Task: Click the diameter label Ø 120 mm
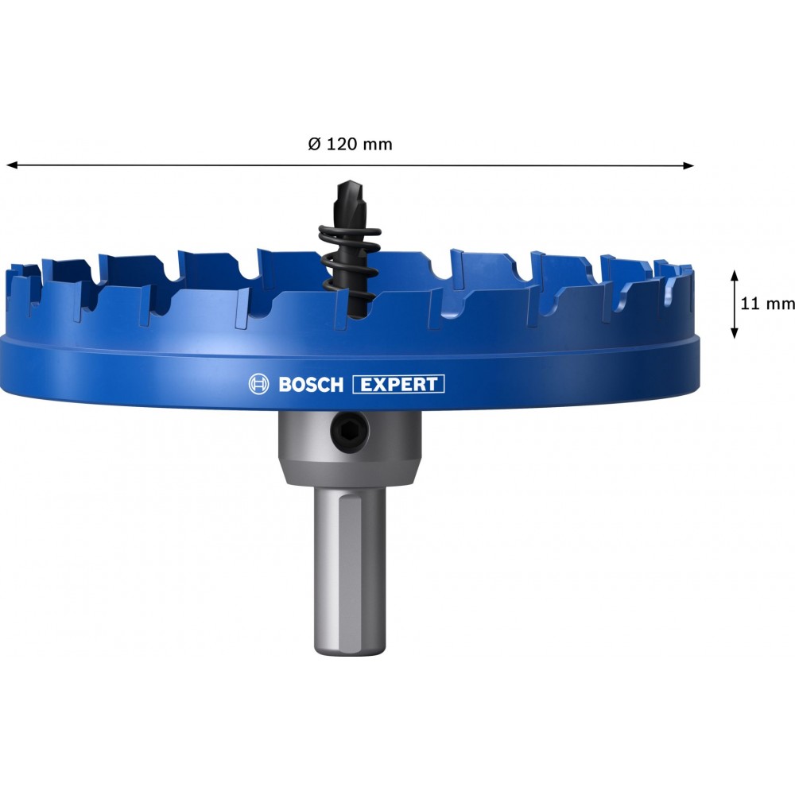pos(350,145)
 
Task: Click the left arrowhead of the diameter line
pos(11,165)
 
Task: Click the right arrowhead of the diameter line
pos(688,165)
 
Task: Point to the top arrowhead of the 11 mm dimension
pos(734,275)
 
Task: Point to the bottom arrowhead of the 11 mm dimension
pos(734,332)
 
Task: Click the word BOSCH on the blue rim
pos(311,385)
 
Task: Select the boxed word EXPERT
pos(398,384)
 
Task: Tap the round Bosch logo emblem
pos(258,385)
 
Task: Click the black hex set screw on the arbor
pos(350,432)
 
